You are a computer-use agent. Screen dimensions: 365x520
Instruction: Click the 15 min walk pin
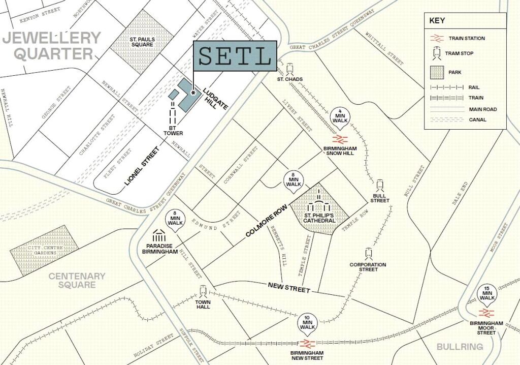pyautogui.click(x=487, y=293)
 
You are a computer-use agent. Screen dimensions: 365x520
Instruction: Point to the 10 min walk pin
pyautogui.click(x=308, y=322)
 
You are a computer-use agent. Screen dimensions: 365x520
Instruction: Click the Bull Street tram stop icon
pyautogui.click(x=380, y=185)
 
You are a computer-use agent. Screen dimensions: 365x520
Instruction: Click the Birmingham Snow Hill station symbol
pyautogui.click(x=339, y=139)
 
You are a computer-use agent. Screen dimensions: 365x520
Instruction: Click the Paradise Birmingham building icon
pyautogui.click(x=159, y=237)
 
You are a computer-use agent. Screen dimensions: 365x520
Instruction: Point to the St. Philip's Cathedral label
pyautogui.click(x=319, y=218)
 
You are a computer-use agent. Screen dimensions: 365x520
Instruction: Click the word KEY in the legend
pyautogui.click(x=437, y=21)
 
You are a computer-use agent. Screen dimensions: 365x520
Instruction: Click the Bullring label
pyautogui.click(x=460, y=347)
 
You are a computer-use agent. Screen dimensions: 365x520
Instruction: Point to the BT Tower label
pyautogui.click(x=173, y=131)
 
